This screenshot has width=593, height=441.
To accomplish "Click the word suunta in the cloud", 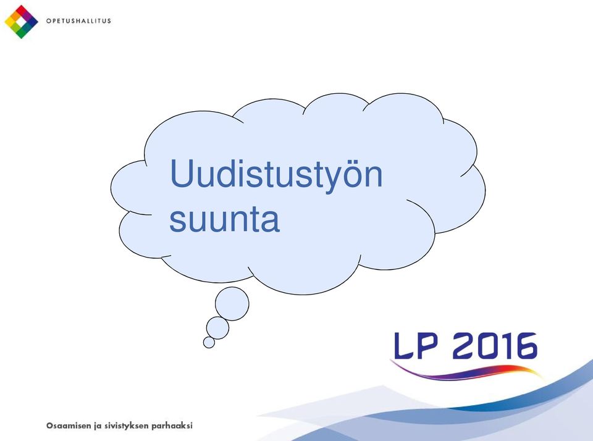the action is pos(224,220).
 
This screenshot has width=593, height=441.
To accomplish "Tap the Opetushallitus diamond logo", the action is pos(21,22).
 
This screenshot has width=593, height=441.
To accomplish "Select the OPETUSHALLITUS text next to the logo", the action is pos(78,21).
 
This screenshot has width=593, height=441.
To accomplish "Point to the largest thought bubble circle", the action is pos(232,304).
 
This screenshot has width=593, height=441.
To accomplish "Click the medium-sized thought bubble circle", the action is pos(217,328).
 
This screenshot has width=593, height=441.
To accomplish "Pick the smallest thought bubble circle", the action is pos(209,342).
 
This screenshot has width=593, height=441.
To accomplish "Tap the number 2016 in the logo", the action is pos(495,345).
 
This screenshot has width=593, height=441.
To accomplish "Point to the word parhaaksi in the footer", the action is pos(172,426).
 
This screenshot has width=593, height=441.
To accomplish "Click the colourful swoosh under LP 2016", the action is pos(467,372).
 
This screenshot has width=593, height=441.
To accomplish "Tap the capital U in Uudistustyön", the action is pos(182,173).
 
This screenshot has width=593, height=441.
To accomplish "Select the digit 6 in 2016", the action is pos(524,345).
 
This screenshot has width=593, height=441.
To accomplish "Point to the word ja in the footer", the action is pos(98,426).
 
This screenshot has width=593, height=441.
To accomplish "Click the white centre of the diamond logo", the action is pos(21,22).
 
